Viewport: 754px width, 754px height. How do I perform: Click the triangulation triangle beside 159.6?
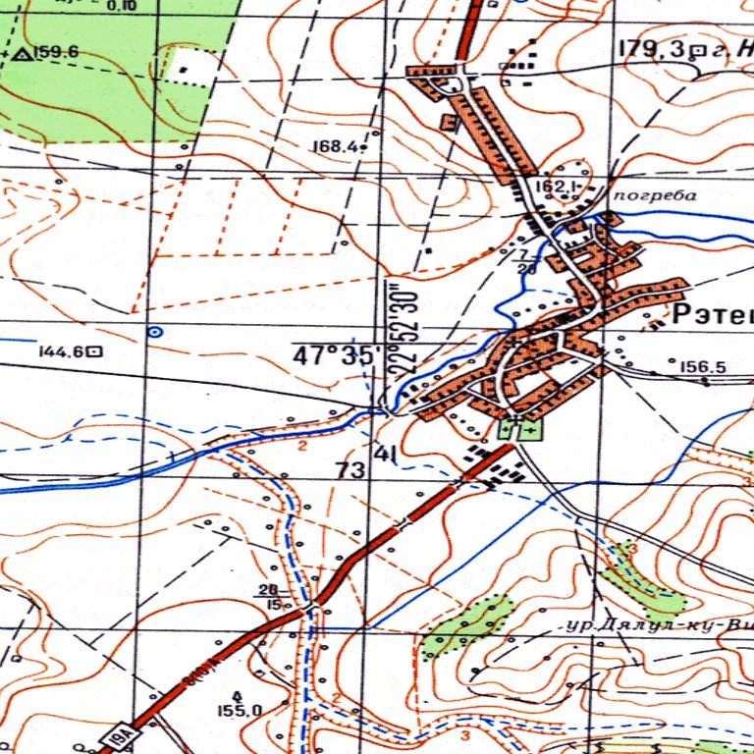[x=22, y=52]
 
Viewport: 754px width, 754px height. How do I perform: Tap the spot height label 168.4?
[x=334, y=147]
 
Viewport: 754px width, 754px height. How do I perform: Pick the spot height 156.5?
[x=703, y=367]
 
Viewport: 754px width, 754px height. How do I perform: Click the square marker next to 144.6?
[x=96, y=350]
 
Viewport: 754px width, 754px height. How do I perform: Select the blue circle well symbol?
[x=153, y=333]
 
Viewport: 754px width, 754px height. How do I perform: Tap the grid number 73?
[x=350, y=471]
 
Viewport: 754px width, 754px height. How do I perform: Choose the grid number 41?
[x=386, y=454]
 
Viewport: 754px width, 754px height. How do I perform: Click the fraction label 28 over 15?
[x=267, y=596]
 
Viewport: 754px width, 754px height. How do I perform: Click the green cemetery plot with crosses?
[x=519, y=427]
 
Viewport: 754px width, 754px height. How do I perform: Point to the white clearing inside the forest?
[x=184, y=69]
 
